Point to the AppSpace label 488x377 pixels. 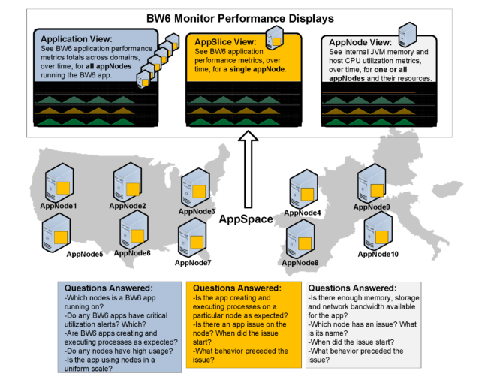click(x=244, y=220)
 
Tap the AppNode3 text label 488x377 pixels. click(x=197, y=212)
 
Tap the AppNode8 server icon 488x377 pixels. click(x=301, y=238)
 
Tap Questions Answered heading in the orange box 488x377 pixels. click(x=237, y=288)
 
